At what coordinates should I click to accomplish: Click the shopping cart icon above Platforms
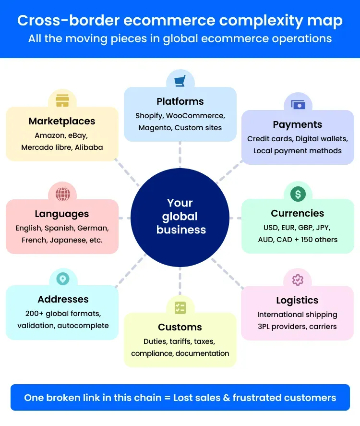click(180, 81)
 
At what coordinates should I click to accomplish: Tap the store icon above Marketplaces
click(62, 100)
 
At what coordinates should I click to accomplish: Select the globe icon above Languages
click(62, 194)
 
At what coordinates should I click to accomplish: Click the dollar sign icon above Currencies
click(298, 194)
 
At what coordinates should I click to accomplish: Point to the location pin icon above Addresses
click(62, 279)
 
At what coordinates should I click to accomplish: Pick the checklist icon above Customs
click(180, 308)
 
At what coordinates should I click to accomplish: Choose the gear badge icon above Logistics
click(298, 280)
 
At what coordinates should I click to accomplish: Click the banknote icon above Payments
click(298, 104)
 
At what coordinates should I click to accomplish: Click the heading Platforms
click(180, 101)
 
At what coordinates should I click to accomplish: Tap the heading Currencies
click(298, 213)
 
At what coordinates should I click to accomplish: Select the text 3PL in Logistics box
click(265, 327)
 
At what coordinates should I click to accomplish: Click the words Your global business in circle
click(180, 216)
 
